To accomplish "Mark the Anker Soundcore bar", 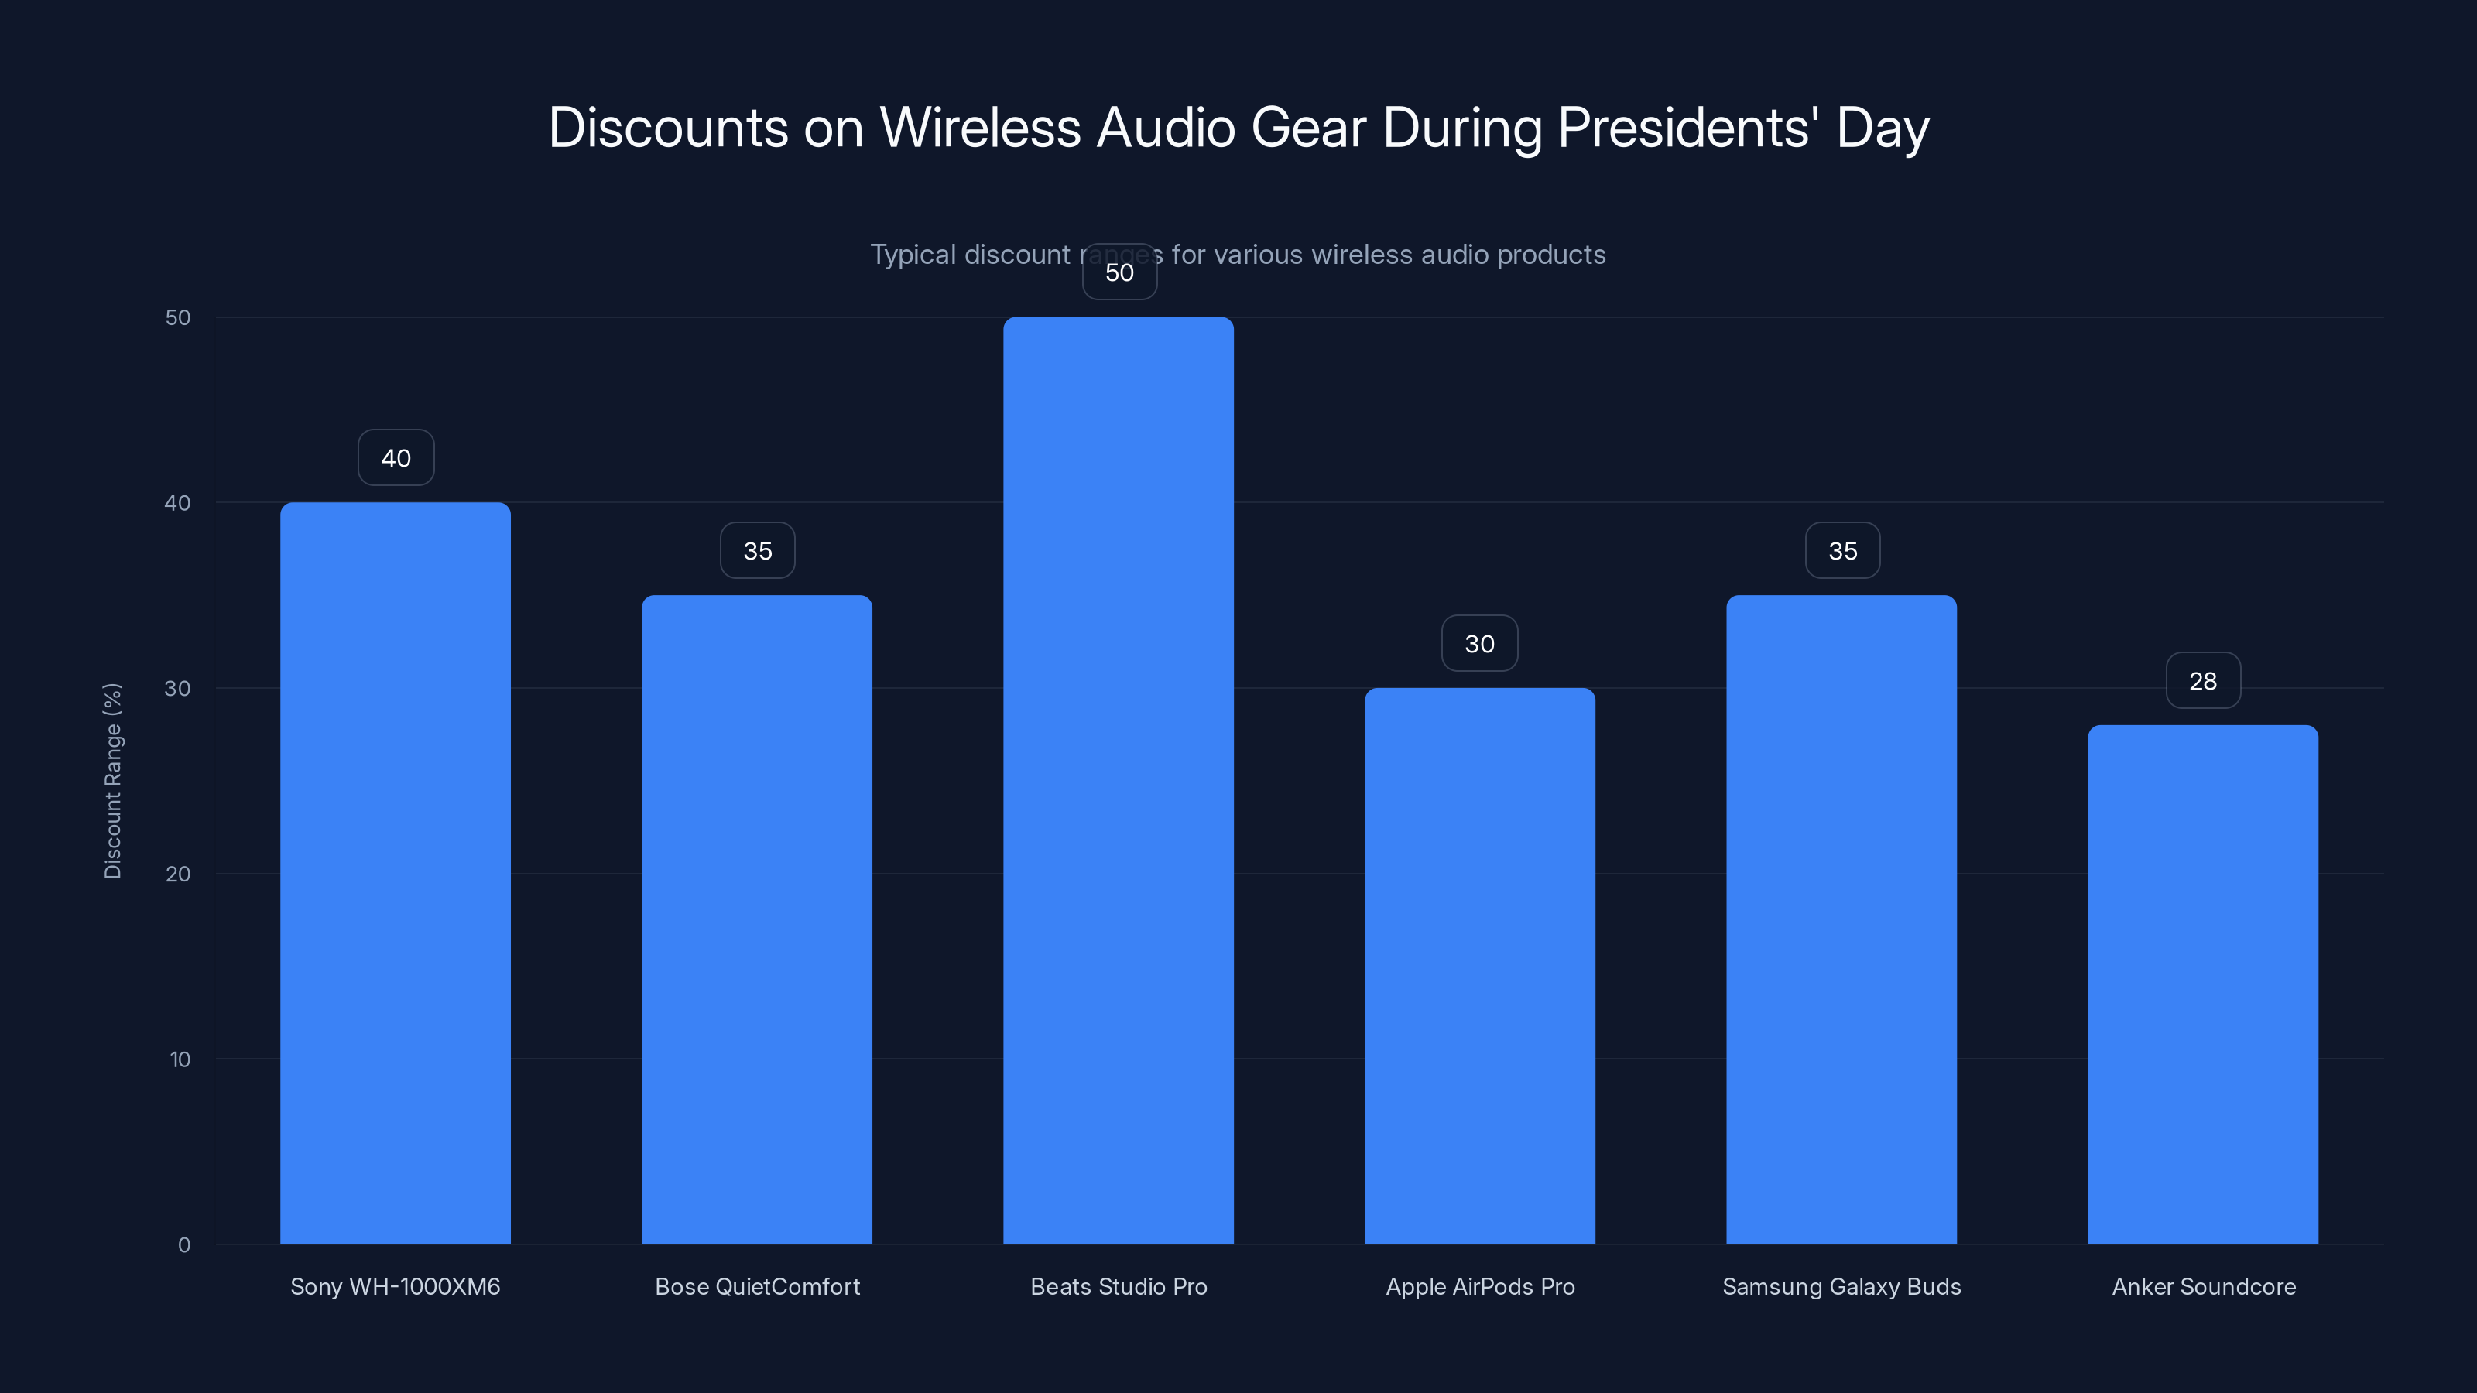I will (2203, 984).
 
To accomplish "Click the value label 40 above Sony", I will (396, 457).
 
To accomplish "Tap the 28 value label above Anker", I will (2203, 681).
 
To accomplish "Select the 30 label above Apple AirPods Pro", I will (1480, 643).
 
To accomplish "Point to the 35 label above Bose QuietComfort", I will (758, 551).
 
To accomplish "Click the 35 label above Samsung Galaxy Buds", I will (1842, 551).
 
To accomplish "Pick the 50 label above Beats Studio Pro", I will (1119, 272).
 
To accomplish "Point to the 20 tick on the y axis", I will (178, 874).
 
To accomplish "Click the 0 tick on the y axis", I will (183, 1245).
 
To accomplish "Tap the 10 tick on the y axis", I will (180, 1059).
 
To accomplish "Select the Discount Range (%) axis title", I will (112, 781).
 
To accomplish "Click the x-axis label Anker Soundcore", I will (2204, 1286).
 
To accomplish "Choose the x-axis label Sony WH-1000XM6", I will (396, 1286).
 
